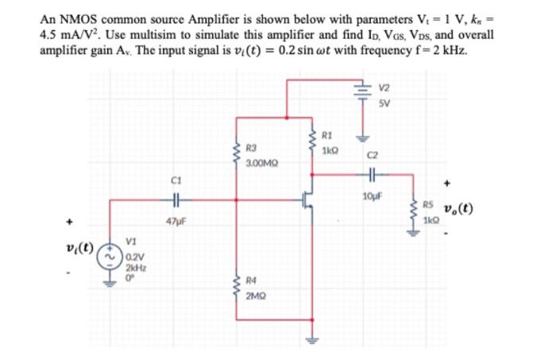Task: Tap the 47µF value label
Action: click(x=176, y=219)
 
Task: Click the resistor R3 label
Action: click(x=252, y=148)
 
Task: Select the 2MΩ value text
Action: click(x=255, y=296)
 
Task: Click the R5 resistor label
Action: click(x=427, y=203)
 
